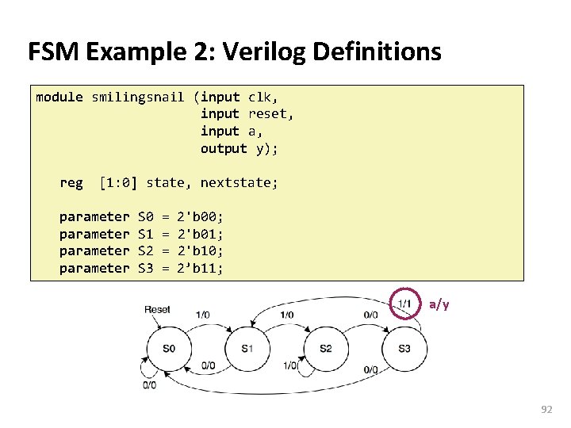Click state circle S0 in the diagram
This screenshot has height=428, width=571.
point(168,348)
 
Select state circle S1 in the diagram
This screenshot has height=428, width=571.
point(247,348)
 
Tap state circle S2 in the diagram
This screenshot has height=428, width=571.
point(325,348)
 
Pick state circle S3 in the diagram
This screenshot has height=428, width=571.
point(404,348)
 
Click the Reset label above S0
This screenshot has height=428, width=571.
point(157,309)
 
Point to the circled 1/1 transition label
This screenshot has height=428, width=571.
point(404,304)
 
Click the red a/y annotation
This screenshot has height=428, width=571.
point(439,304)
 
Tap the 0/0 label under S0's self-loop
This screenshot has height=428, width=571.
point(149,385)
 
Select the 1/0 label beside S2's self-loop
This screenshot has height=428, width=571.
point(289,366)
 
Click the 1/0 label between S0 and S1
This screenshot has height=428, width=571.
point(202,315)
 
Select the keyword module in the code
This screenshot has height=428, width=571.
point(59,97)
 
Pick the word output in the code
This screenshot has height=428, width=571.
point(224,149)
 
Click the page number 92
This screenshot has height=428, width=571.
point(546,409)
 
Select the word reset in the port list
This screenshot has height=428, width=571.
point(269,114)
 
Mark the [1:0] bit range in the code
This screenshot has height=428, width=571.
point(118,183)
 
